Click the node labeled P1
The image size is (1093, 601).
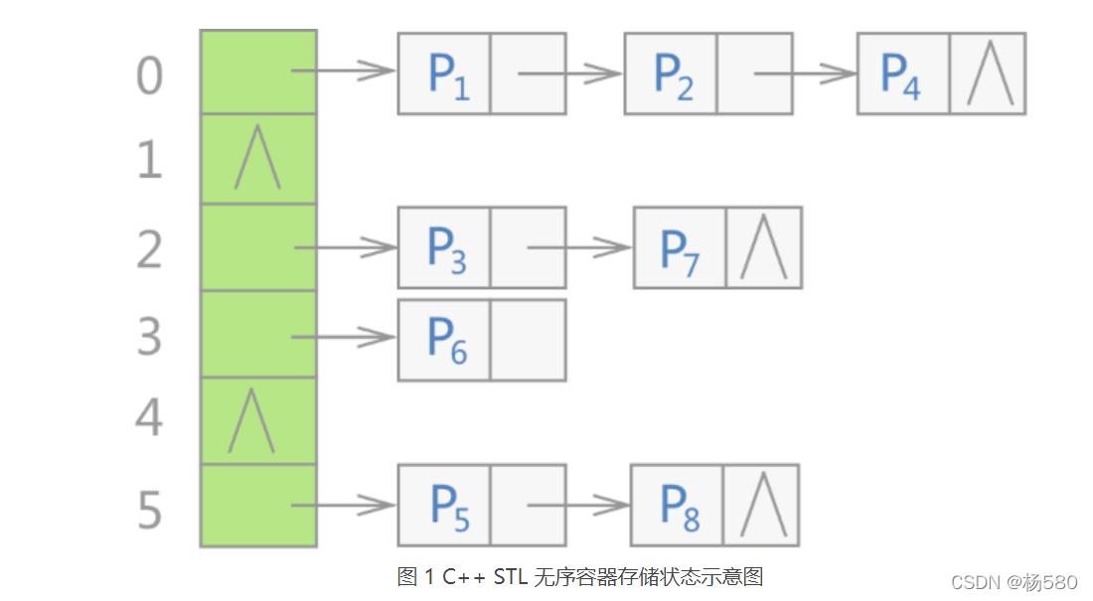point(445,74)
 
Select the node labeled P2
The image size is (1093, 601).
point(672,74)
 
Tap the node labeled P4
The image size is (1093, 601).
point(903,74)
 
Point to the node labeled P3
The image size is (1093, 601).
point(445,247)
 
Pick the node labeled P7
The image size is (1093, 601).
point(681,247)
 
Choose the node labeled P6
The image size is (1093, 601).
point(445,340)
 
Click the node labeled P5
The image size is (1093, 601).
point(445,505)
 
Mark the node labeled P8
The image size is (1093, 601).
point(678,505)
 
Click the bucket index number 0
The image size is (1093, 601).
point(149,75)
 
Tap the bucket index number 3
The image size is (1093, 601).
point(149,338)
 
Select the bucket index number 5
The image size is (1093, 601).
point(149,510)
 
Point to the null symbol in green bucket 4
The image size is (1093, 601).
point(250,422)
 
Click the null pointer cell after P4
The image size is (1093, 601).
point(989,74)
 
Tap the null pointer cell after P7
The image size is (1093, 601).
point(764,247)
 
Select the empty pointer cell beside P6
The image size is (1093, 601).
point(528,340)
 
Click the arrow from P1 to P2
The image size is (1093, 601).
point(570,73)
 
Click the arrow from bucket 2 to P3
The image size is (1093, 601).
point(346,247)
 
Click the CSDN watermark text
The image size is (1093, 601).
point(1013,581)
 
